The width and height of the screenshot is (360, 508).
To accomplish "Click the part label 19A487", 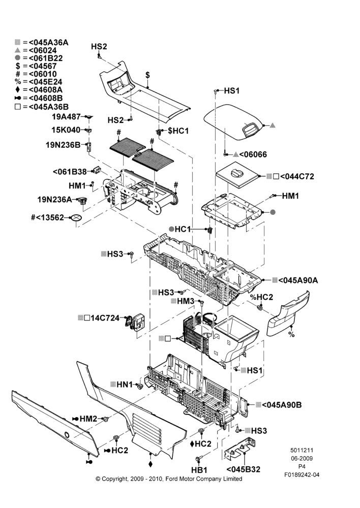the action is click(x=66, y=116).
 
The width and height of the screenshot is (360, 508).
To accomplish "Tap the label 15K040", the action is click(x=66, y=130).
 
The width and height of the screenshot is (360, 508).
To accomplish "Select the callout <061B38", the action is click(x=70, y=171).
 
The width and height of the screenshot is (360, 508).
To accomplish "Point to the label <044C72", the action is click(x=297, y=177).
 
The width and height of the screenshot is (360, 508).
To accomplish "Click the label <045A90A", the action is click(x=298, y=280).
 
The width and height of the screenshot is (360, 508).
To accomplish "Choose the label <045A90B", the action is click(x=282, y=405).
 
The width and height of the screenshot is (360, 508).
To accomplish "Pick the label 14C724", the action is click(x=105, y=318).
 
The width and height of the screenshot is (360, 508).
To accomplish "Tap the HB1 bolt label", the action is click(x=199, y=470).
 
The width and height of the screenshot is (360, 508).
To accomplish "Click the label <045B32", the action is click(x=243, y=469).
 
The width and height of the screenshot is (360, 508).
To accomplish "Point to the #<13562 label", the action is click(x=47, y=217).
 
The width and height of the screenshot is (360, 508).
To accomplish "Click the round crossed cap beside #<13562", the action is click(x=76, y=218).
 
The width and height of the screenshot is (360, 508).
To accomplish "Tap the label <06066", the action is click(x=253, y=154).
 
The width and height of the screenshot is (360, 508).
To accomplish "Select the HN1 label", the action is click(x=125, y=385).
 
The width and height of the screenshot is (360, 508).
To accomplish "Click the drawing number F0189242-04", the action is click(x=302, y=475).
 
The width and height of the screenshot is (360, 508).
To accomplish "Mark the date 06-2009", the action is click(x=302, y=458).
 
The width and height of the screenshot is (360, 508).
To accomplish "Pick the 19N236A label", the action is click(x=54, y=200).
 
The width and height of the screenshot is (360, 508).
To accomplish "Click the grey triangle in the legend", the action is click(x=17, y=50).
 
